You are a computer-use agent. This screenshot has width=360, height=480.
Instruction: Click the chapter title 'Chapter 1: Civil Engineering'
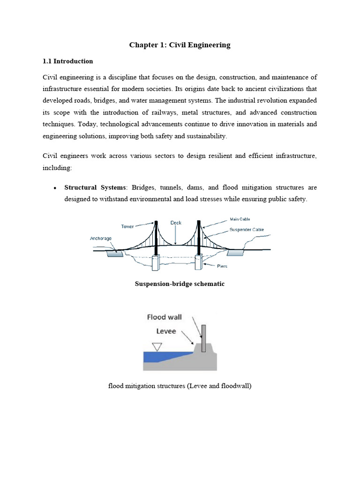(180, 45)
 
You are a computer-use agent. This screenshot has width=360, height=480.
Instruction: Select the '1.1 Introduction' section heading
(68, 61)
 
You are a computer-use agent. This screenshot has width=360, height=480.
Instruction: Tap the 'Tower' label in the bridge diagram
(127, 226)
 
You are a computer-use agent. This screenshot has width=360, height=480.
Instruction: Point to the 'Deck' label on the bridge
(176, 223)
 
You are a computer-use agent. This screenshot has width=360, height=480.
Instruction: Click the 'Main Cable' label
(240, 219)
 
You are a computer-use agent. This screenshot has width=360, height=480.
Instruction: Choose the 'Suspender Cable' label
(247, 230)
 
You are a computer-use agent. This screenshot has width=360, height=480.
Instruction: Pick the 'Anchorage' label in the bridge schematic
(101, 239)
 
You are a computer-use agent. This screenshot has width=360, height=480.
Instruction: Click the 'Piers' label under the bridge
(222, 266)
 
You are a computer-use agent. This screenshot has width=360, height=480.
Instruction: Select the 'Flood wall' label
(165, 317)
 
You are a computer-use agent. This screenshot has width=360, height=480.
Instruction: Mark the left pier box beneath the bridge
(156, 262)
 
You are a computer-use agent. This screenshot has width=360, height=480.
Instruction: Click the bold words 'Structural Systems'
(94, 187)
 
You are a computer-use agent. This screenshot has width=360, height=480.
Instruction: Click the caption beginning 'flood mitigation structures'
(180, 387)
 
